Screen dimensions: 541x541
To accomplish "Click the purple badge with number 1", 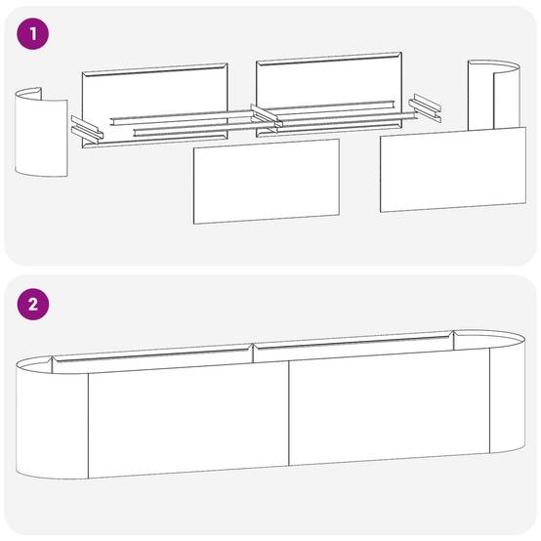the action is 33,34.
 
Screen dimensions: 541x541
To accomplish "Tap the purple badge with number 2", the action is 33,305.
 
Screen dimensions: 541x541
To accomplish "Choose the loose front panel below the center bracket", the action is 267,182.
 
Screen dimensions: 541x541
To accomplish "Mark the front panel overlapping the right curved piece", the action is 453,170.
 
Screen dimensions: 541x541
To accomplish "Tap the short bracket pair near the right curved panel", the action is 425,108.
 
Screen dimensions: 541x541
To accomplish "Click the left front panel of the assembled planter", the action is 188,419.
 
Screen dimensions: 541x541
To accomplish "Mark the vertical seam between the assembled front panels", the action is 289,413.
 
